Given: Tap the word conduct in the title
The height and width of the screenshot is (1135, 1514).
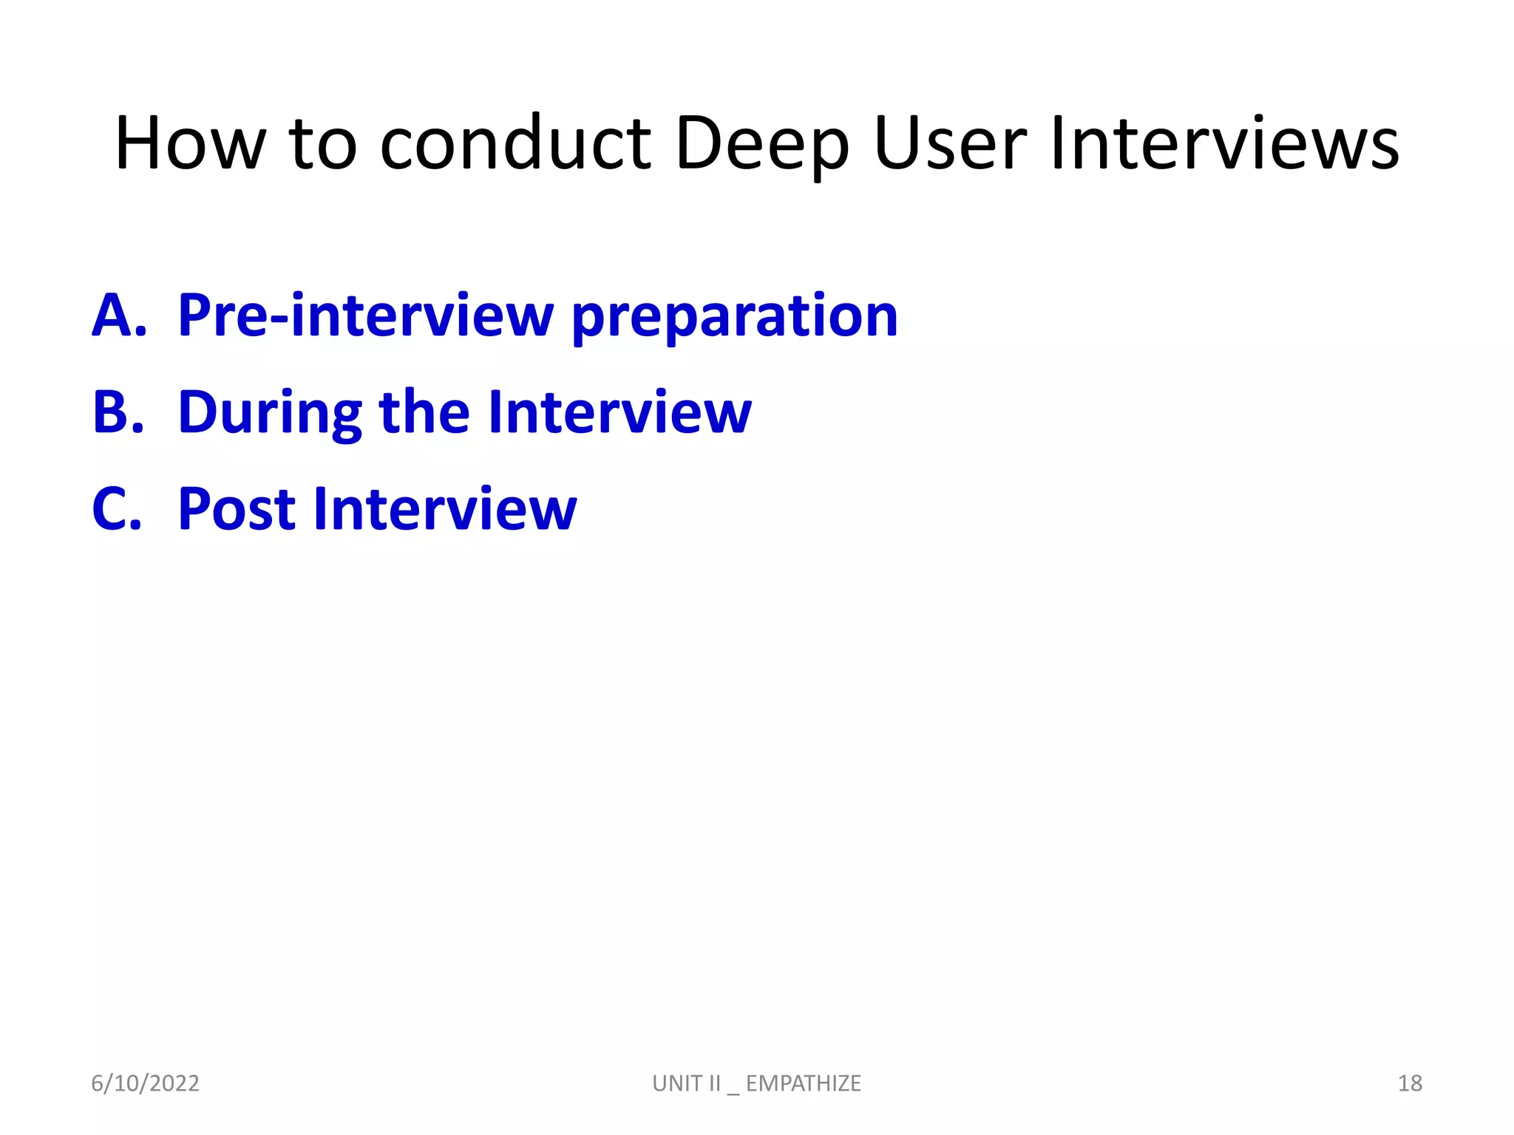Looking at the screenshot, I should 515,145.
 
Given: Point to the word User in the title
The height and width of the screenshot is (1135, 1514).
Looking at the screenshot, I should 950,145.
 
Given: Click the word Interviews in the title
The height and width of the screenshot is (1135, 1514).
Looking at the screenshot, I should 1224,145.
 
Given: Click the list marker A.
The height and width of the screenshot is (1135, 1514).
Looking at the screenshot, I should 119,316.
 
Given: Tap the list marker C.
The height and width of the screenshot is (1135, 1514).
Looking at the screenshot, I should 117,510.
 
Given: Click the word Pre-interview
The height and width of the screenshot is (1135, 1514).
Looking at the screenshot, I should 365,316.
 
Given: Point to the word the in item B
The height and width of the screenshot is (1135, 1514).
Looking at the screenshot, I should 424,412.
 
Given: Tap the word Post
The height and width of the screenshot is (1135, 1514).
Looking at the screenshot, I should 237,510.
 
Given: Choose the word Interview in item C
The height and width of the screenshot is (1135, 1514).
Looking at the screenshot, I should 444,510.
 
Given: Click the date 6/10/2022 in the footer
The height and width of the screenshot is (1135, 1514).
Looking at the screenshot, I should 145,1083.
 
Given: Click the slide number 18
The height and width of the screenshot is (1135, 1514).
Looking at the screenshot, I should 1410,1083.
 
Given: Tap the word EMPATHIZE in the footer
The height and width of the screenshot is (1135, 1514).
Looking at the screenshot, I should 803,1083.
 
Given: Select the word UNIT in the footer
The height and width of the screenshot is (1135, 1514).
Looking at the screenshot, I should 676,1083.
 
